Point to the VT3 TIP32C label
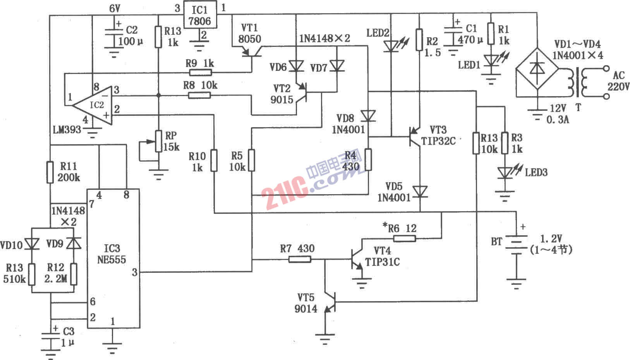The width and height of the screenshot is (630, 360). [438, 135]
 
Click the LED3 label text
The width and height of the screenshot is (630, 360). [536, 172]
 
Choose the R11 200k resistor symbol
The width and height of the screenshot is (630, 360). [50, 172]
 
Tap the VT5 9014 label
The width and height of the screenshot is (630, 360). [306, 303]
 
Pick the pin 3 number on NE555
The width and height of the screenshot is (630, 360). [134, 272]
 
